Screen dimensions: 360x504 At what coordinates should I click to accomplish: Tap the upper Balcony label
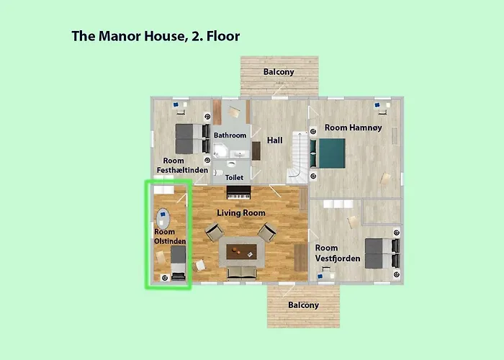point(278,72)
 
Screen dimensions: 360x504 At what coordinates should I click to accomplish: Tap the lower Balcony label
point(303,305)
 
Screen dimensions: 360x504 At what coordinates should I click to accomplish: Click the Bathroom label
point(230,135)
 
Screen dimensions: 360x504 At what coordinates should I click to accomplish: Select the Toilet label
point(235,177)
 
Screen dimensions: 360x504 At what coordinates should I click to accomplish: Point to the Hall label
point(274,140)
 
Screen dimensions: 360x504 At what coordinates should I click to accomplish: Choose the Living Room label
point(241,213)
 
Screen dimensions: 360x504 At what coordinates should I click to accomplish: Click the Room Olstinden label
point(170,236)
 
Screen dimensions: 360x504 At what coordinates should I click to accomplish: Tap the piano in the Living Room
point(238,193)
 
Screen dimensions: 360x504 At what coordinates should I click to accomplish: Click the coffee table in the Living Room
point(241,251)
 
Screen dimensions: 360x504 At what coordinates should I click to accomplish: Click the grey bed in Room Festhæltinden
point(189,134)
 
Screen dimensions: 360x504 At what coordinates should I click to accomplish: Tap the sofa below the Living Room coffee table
point(241,273)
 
